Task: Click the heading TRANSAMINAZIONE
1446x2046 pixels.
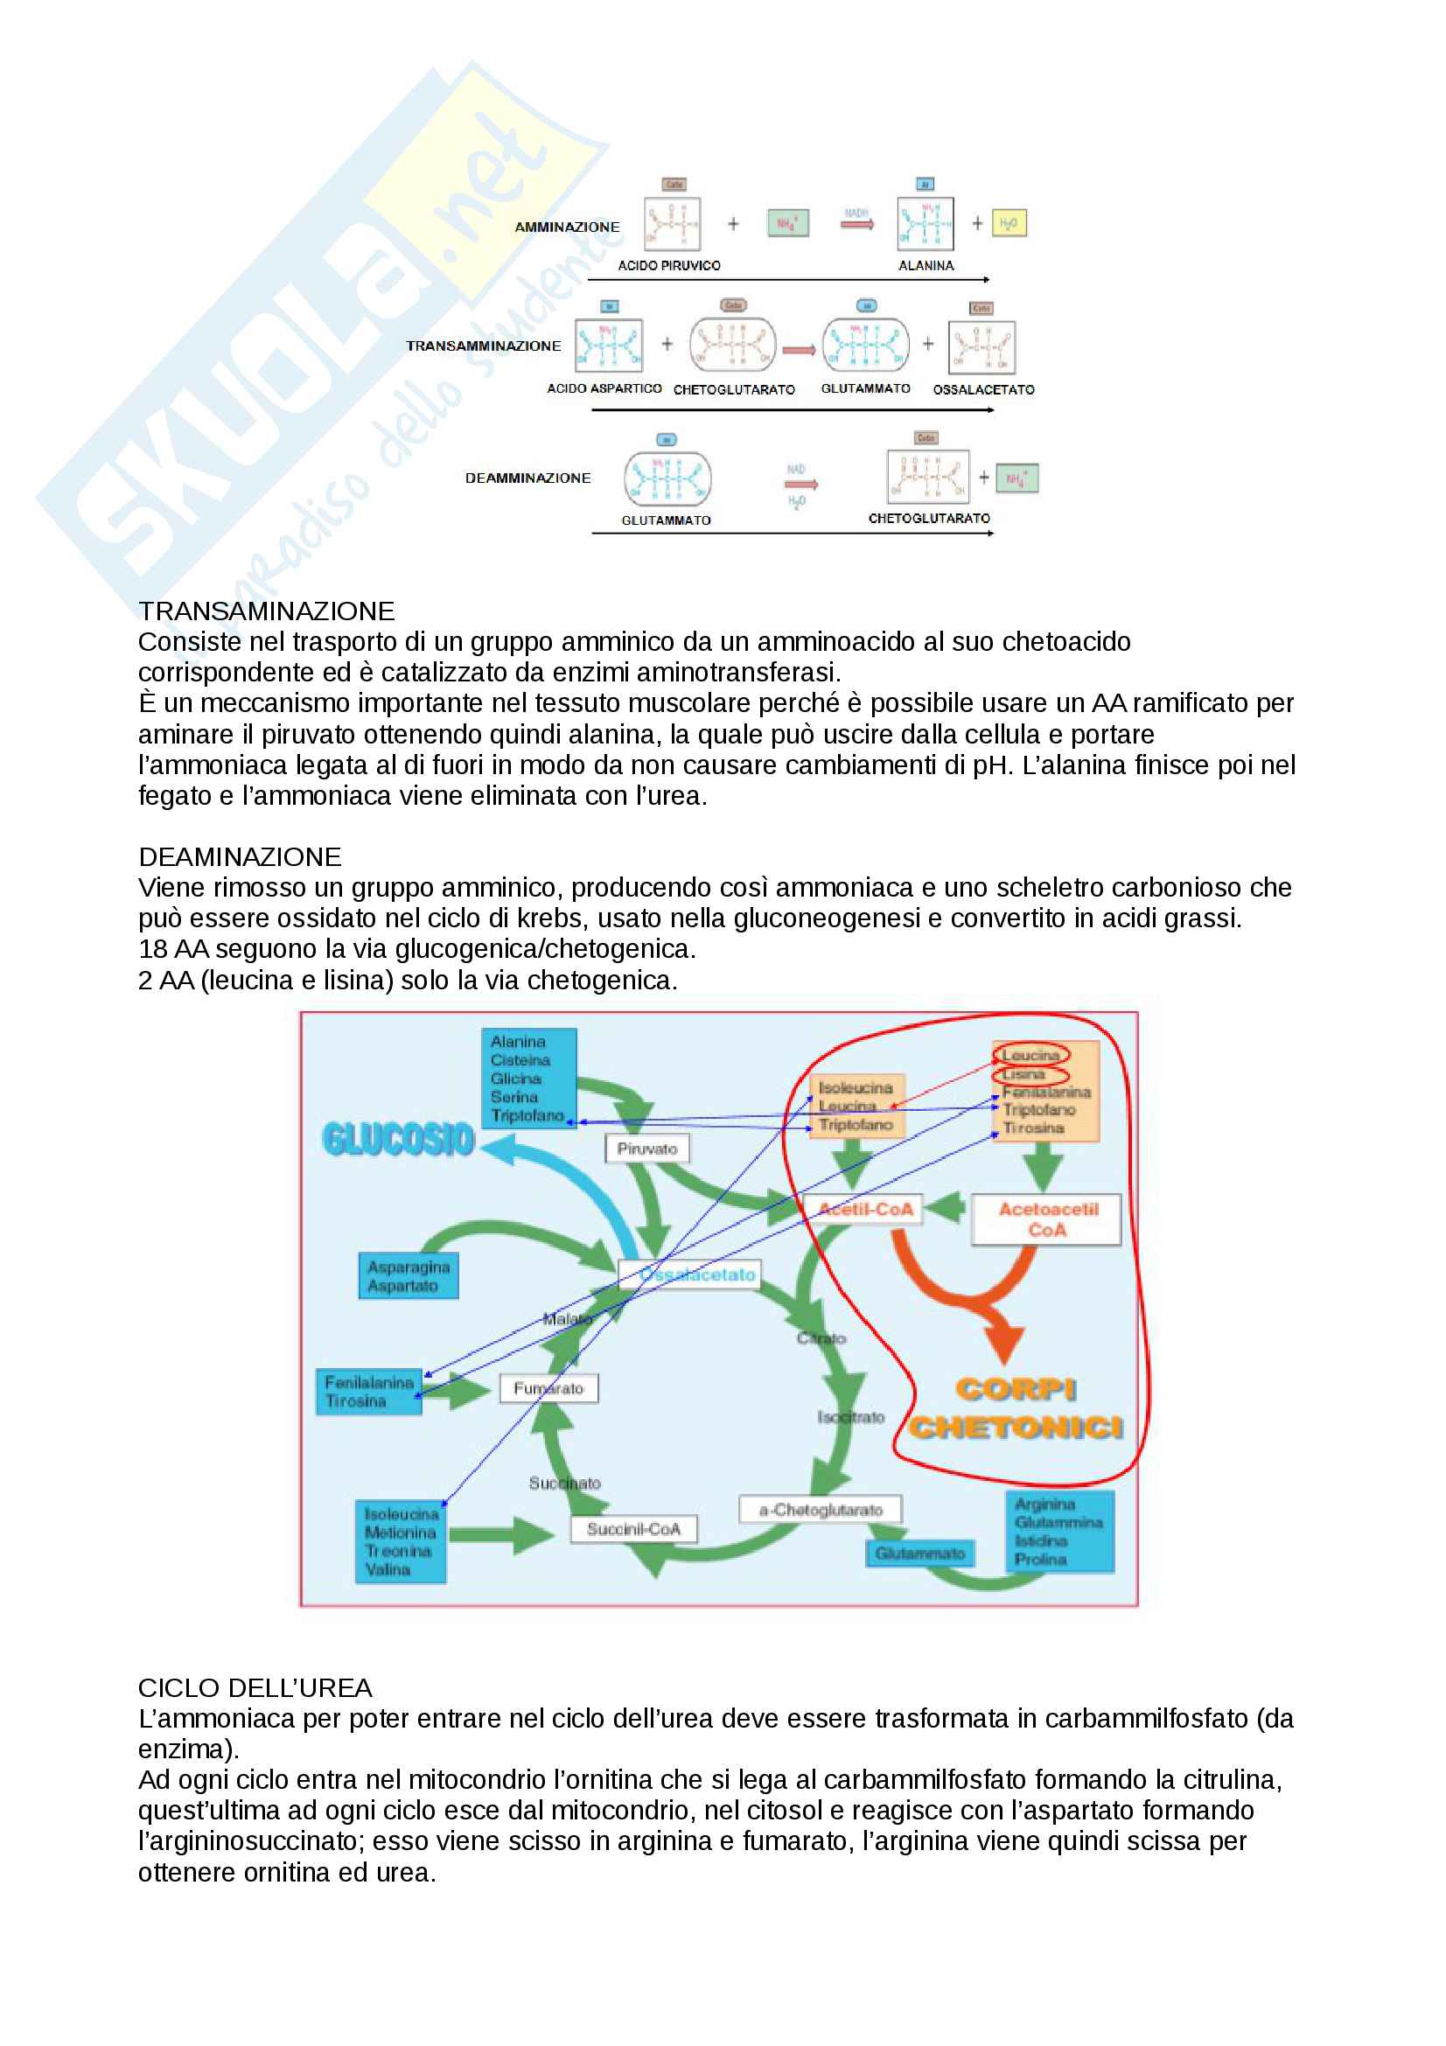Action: pyautogui.click(x=266, y=611)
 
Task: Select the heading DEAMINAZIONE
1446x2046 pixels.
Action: pyautogui.click(x=240, y=857)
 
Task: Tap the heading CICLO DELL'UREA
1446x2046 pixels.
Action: pyautogui.click(x=255, y=1687)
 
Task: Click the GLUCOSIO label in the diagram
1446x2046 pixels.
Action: pyautogui.click(x=398, y=1139)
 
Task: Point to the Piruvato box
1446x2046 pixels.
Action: pyautogui.click(x=646, y=1149)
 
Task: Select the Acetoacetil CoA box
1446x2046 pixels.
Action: pyautogui.click(x=1047, y=1219)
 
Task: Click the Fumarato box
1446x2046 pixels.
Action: pyautogui.click(x=548, y=1388)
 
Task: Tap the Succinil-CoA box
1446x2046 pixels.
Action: pyautogui.click(x=633, y=1529)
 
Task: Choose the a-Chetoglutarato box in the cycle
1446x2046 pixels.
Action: pyautogui.click(x=821, y=1510)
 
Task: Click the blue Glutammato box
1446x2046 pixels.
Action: pyautogui.click(x=919, y=1554)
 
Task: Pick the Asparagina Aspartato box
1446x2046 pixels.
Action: pyautogui.click(x=408, y=1276)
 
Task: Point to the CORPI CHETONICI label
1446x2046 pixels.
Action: pyautogui.click(x=1016, y=1409)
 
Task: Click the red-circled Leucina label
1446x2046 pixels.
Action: pyautogui.click(x=1030, y=1055)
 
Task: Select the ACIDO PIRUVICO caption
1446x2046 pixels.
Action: pyautogui.click(x=669, y=266)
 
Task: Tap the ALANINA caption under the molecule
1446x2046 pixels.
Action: pyautogui.click(x=926, y=266)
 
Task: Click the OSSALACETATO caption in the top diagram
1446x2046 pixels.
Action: pyautogui.click(x=983, y=389)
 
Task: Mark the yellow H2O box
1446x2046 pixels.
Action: pyautogui.click(x=1009, y=223)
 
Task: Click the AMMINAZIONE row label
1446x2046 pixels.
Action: pyautogui.click(x=567, y=227)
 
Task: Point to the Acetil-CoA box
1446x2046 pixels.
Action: pyautogui.click(x=866, y=1209)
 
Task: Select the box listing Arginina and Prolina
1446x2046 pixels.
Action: pyautogui.click(x=1058, y=1531)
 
